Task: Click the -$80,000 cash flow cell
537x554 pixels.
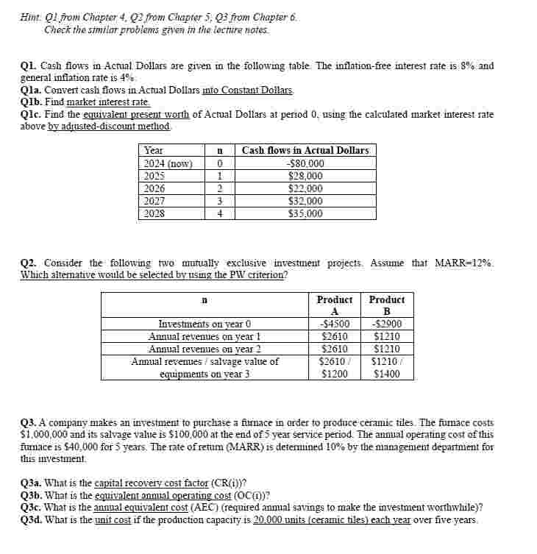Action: click(x=305, y=163)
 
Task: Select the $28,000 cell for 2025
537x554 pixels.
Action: click(x=305, y=176)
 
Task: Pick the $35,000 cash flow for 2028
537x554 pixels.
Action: click(x=305, y=213)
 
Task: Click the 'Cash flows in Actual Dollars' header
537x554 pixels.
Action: click(x=305, y=150)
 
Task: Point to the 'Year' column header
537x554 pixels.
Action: click(x=154, y=150)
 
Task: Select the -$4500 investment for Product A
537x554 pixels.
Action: click(x=335, y=324)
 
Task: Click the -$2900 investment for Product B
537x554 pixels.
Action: click(x=387, y=324)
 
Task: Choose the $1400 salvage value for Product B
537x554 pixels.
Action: click(x=387, y=374)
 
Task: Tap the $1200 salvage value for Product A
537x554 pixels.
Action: click(x=335, y=374)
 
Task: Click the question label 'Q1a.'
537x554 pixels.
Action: click(x=32, y=90)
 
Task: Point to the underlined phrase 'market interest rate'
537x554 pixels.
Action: click(x=108, y=102)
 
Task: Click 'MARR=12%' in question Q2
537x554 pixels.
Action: click(x=464, y=263)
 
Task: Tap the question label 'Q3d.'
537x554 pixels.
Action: click(x=32, y=520)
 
